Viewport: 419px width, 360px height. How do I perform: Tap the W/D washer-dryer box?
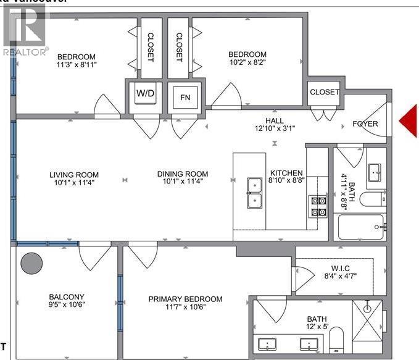point(146,95)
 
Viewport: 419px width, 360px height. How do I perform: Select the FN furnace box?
point(185,96)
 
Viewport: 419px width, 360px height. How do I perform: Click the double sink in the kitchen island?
point(254,193)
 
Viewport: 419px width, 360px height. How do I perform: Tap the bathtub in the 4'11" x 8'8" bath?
point(361,230)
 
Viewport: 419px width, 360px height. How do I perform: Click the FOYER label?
point(365,124)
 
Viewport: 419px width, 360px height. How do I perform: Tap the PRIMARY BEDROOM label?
point(185,299)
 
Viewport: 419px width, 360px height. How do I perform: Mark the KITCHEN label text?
point(286,174)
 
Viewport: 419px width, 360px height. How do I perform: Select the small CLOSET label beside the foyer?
point(324,92)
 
